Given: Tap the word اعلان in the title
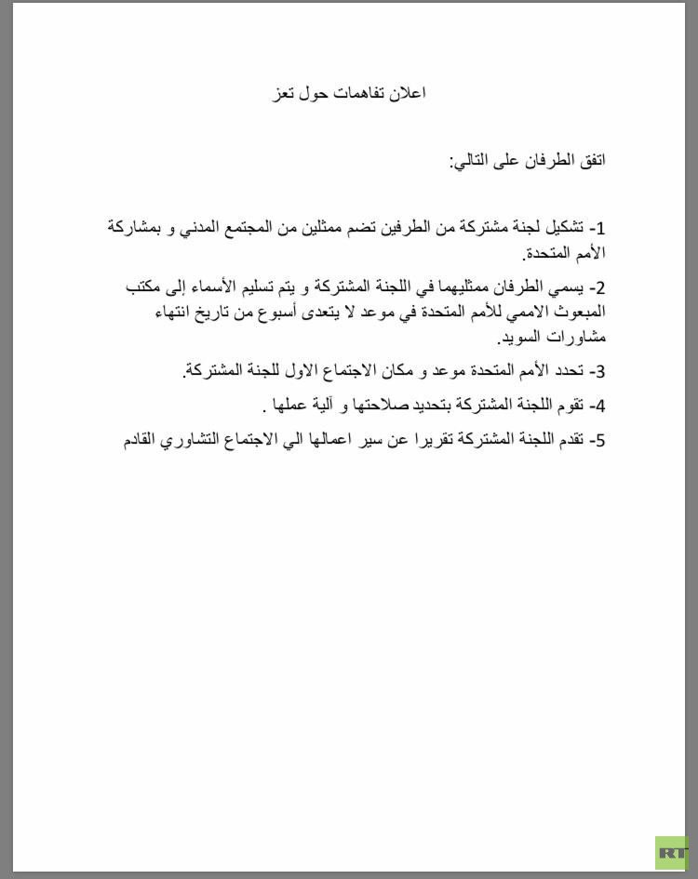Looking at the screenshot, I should (409, 93).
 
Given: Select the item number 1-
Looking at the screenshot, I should (597, 228).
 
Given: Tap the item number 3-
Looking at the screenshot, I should (597, 372).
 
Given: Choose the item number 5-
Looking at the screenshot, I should (597, 440).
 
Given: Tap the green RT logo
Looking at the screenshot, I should (672, 852).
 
